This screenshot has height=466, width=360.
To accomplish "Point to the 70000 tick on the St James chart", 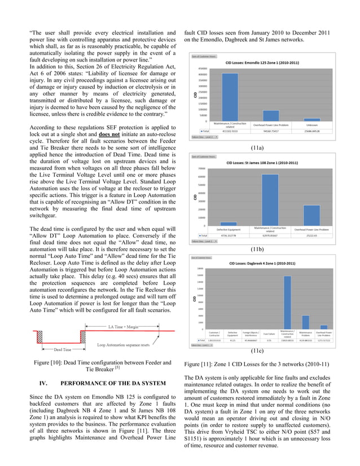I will tap(200, 168).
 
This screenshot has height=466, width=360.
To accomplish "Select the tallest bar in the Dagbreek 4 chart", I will tap(287, 302).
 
